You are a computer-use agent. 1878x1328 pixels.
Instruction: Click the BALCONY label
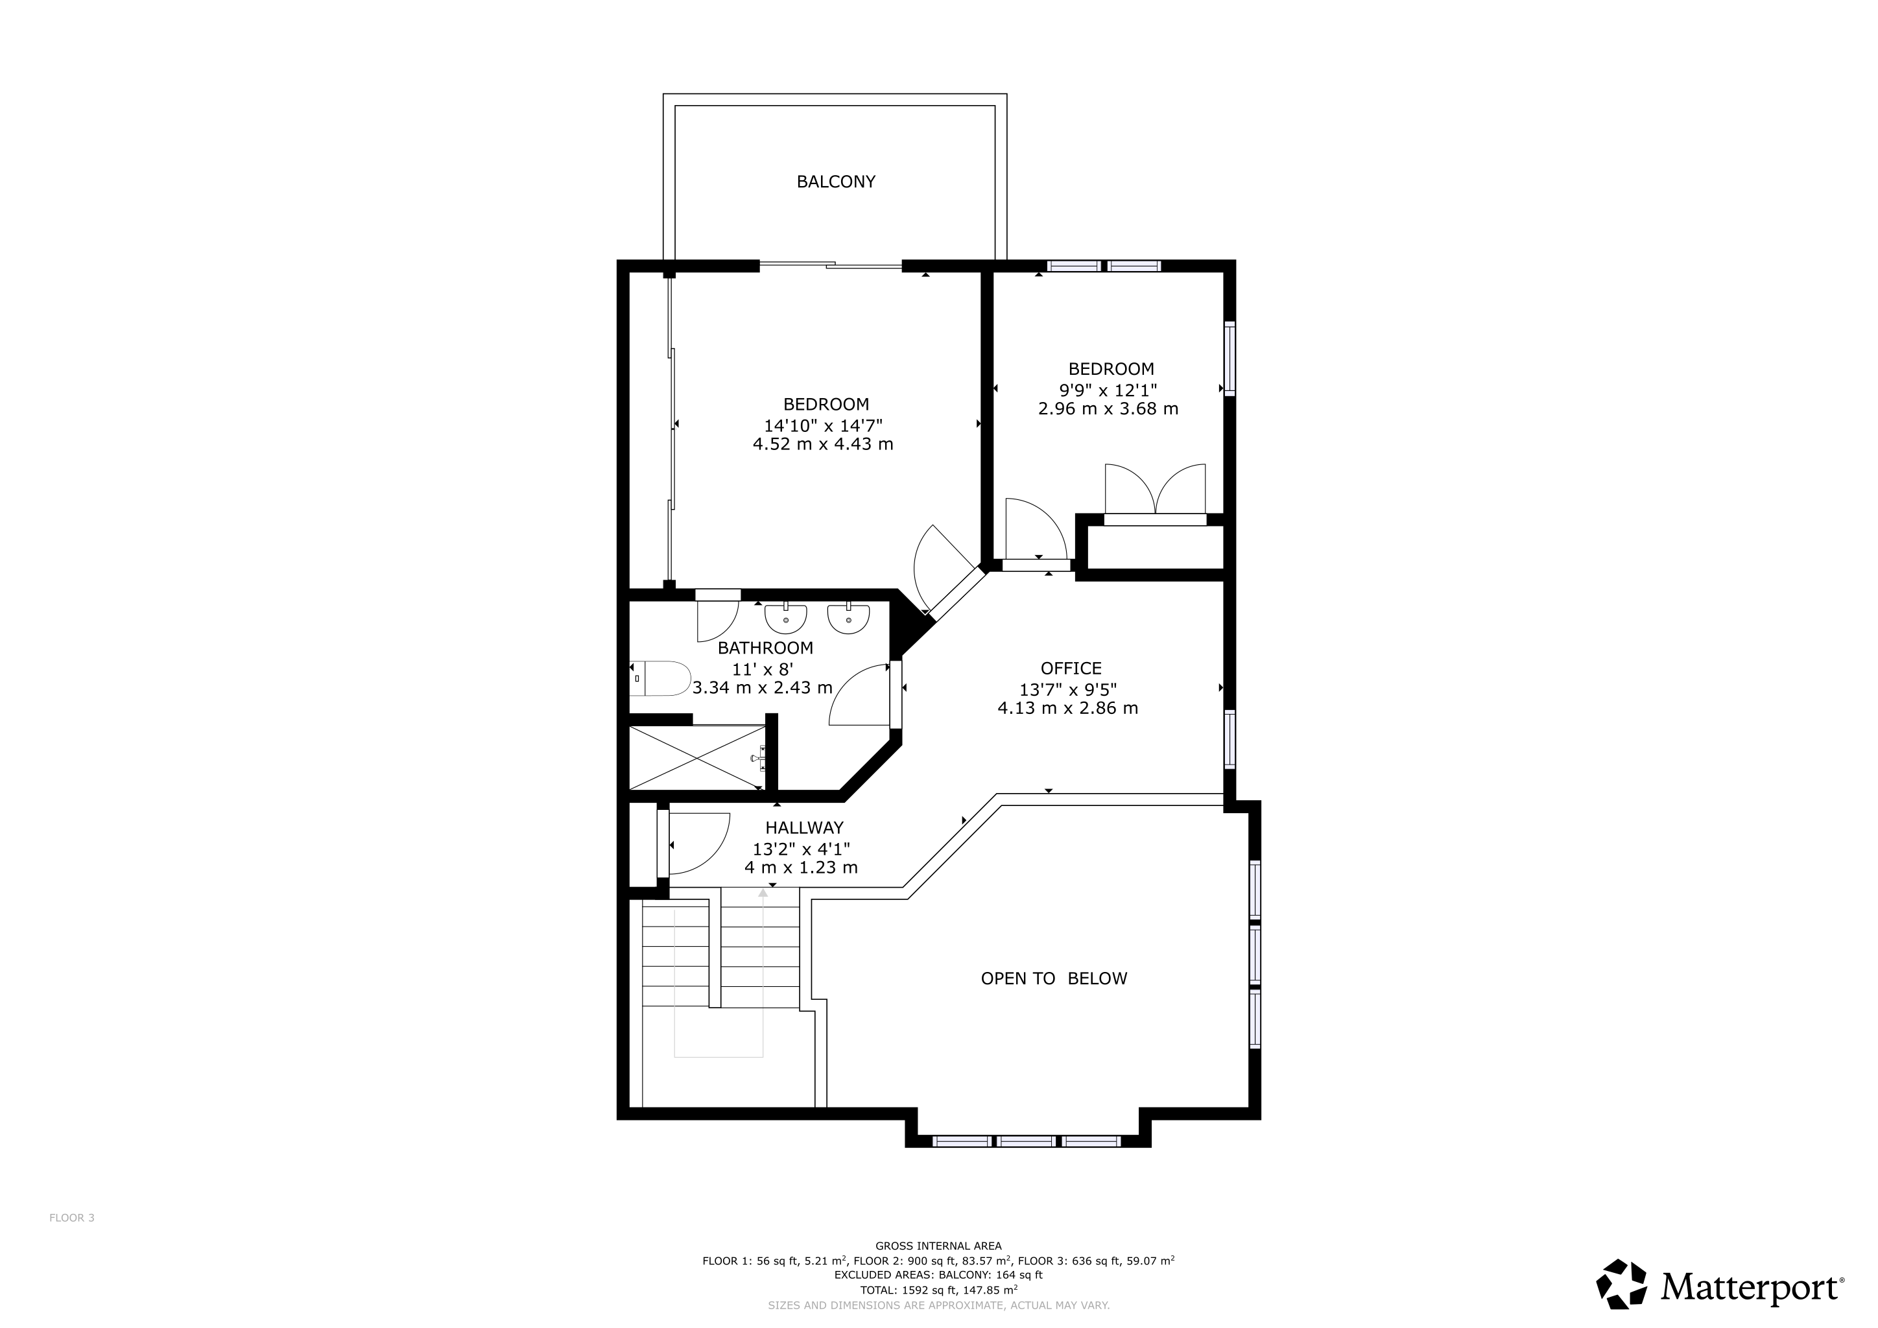coord(836,182)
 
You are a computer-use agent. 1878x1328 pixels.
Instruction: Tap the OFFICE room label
coord(1071,668)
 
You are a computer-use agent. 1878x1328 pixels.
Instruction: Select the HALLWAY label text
coord(804,827)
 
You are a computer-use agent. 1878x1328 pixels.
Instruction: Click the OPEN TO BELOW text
coord(1054,978)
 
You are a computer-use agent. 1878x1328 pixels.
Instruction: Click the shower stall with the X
coord(697,758)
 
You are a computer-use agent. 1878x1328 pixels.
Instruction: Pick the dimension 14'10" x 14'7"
coord(823,425)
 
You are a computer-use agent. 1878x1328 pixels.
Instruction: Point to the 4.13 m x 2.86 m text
coord(1067,708)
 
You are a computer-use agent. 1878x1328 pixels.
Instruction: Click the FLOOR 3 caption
coord(72,1218)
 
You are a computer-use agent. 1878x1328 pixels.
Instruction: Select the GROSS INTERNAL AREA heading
coord(938,1246)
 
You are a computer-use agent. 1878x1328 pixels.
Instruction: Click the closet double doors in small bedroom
coord(1155,489)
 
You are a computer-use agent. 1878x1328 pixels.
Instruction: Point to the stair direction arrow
coord(763,973)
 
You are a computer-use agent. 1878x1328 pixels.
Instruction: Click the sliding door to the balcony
coord(831,264)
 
